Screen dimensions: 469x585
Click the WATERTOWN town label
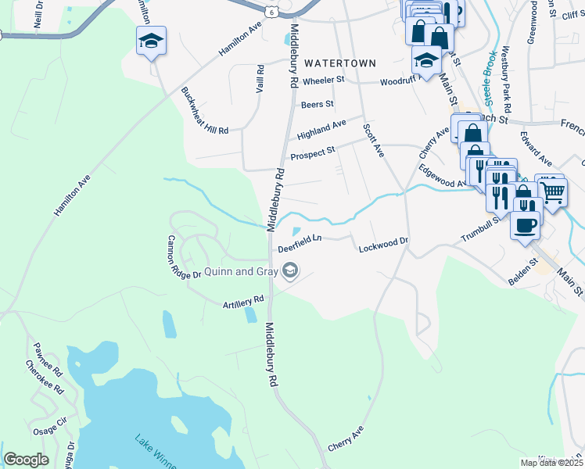click(340, 63)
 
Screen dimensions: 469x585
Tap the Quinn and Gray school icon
click(291, 271)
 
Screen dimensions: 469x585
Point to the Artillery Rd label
click(243, 299)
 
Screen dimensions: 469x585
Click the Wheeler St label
click(323, 80)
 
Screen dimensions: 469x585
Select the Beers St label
click(317, 103)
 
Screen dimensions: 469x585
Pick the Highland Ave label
click(321, 130)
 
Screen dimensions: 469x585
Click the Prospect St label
click(313, 152)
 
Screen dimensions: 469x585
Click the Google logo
click(27, 460)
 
